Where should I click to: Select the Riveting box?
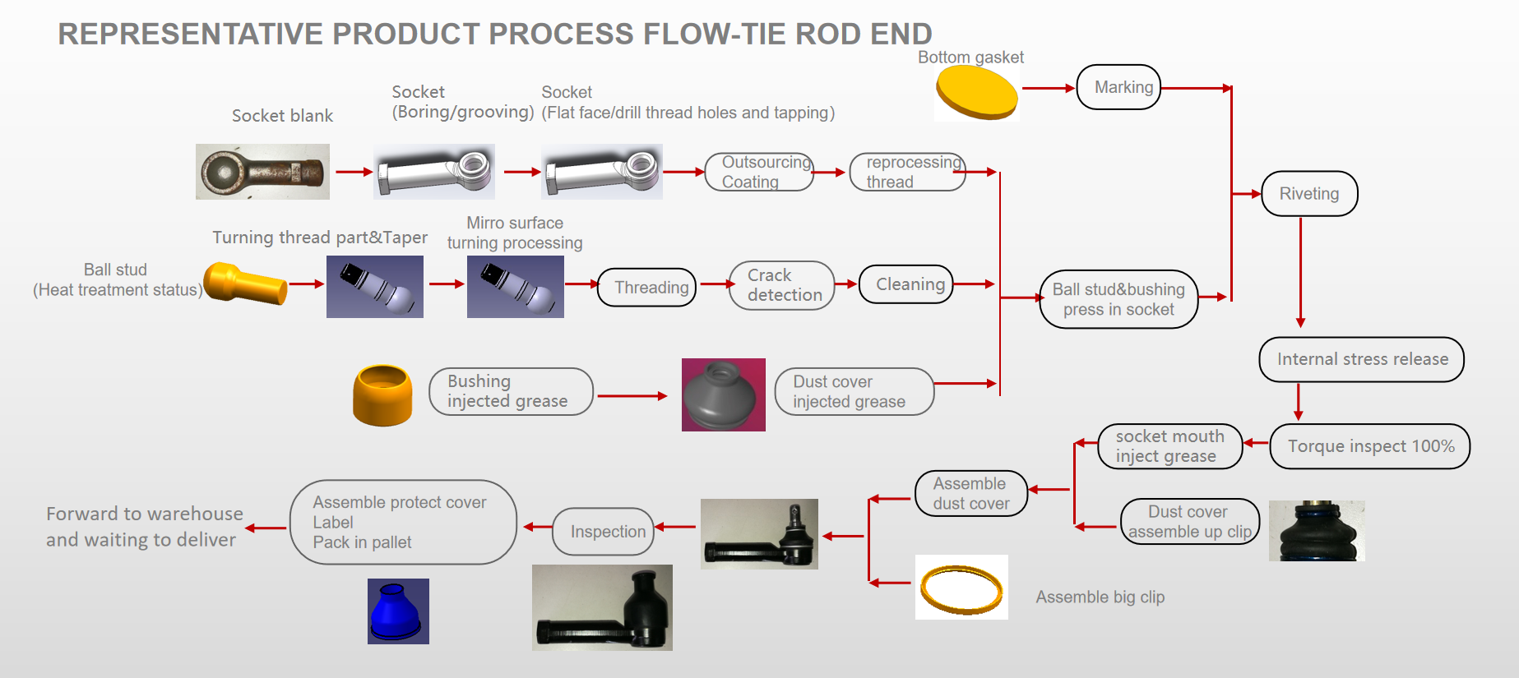(1309, 194)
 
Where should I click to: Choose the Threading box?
(647, 288)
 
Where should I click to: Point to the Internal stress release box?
(1361, 359)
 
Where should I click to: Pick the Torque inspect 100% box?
(1370, 446)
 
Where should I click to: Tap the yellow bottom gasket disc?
(976, 93)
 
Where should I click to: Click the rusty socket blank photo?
(262, 172)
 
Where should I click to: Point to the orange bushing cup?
(382, 395)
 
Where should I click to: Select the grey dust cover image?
(723, 395)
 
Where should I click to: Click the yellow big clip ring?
(961, 588)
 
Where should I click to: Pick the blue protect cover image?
(398, 611)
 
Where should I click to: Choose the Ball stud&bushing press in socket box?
(1118, 299)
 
